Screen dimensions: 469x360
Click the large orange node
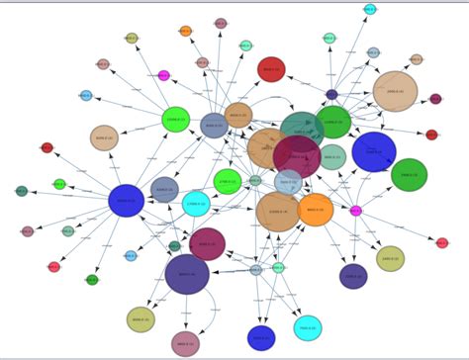tap(315, 210)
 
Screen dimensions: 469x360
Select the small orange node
tap(185, 32)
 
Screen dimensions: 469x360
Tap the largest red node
tap(271, 69)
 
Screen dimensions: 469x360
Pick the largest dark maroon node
tap(297, 156)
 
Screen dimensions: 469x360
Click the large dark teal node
tap(302, 128)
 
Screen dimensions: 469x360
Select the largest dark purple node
tap(187, 274)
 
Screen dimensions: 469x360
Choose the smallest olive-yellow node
tap(132, 38)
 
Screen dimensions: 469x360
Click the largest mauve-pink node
tap(185, 343)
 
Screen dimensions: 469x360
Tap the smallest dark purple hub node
tap(331, 95)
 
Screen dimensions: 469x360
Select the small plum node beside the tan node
tap(435, 99)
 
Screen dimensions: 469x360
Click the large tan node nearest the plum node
tap(395, 91)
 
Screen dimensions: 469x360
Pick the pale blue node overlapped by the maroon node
tap(288, 182)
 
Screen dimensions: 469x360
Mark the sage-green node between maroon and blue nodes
tap(332, 156)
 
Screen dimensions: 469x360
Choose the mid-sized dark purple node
tap(353, 276)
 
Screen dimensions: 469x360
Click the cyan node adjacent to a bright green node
tap(196, 204)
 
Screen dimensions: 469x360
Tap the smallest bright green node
tap(59, 184)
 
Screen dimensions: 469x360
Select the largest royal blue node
tap(374, 152)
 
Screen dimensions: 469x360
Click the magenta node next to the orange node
tap(355, 211)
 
